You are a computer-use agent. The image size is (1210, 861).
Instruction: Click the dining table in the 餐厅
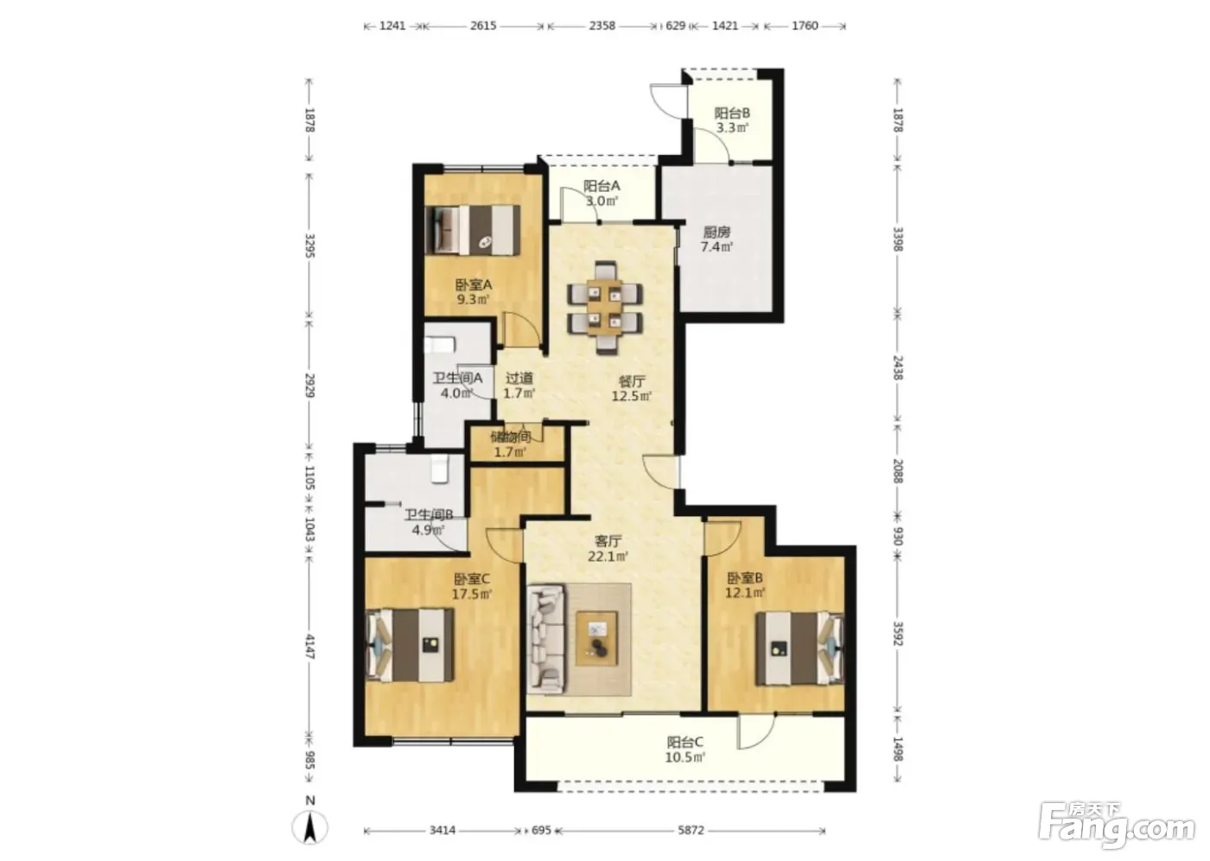click(x=604, y=308)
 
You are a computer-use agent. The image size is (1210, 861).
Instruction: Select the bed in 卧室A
click(x=473, y=230)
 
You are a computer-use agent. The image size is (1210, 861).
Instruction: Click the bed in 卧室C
click(x=410, y=645)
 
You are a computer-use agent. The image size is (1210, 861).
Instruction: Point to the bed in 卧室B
click(x=800, y=648)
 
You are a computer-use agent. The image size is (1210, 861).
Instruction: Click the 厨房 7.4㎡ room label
click(x=716, y=239)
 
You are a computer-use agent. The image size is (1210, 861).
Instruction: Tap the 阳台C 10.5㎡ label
click(x=685, y=749)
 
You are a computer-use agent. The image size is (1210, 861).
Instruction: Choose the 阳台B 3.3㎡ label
click(x=732, y=120)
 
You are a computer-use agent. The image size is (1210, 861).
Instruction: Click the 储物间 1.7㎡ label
click(x=510, y=444)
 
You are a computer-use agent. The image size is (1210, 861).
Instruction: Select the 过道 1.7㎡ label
click(x=519, y=386)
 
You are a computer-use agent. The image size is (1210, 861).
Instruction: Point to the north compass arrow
click(x=310, y=827)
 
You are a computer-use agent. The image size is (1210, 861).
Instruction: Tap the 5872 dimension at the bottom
click(x=691, y=830)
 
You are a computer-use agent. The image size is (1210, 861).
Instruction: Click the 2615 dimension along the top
click(x=483, y=25)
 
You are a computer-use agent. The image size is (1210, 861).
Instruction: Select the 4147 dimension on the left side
click(x=309, y=647)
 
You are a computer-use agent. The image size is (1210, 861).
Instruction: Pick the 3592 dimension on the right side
click(x=897, y=634)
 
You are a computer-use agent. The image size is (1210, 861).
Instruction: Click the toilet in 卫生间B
click(x=439, y=469)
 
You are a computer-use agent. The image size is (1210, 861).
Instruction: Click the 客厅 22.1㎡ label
click(x=608, y=548)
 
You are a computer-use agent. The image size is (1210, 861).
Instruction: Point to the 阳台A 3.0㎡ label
click(x=602, y=194)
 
